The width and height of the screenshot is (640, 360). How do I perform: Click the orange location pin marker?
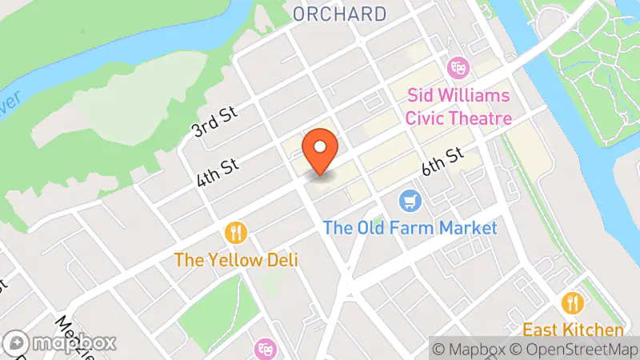coord(321,150)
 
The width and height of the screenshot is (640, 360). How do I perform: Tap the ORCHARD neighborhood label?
coord(339,14)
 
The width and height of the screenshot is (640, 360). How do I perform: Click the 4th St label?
coord(218,163)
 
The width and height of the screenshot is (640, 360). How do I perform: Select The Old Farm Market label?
coord(410,228)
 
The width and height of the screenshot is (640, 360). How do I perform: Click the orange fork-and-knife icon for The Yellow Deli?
coord(236,233)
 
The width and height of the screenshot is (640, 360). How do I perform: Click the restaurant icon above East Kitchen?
coord(573,302)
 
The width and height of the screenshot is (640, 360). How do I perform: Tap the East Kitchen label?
coord(573,330)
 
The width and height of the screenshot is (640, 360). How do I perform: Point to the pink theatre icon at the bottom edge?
coord(264,349)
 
